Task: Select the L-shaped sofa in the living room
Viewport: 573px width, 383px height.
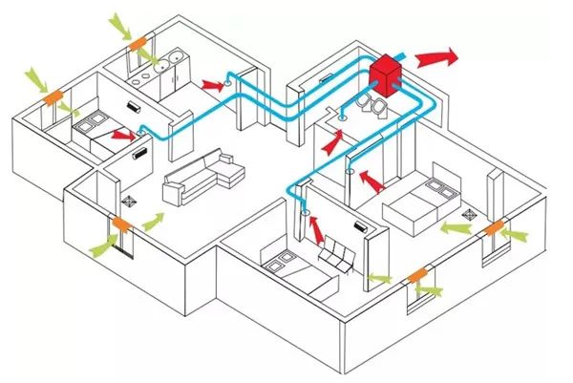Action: coord(201,173)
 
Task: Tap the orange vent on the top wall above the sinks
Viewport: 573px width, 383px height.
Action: coord(139,43)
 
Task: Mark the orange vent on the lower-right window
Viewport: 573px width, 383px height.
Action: coord(417,276)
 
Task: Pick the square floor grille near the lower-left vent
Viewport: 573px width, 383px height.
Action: coord(131,202)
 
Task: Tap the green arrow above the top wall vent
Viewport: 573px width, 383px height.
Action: coord(120,22)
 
